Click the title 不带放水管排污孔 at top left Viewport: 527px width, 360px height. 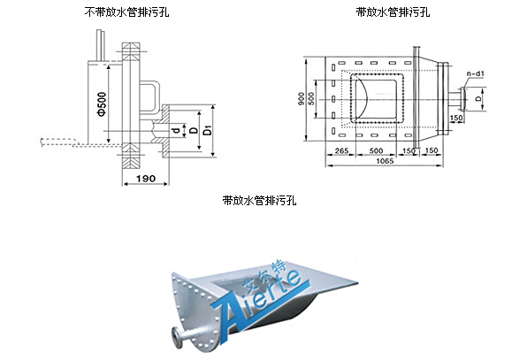coord(126,12)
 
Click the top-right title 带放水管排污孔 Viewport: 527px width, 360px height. coord(393,12)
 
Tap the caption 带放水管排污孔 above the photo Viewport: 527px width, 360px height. coord(259,200)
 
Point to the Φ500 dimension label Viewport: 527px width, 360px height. coord(103,103)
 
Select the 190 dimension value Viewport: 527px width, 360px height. coord(146,178)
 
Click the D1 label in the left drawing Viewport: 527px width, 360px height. coord(209,130)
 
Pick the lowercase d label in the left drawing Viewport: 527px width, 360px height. coord(175,130)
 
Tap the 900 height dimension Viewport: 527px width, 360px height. coord(302,99)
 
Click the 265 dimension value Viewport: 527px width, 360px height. coord(341,150)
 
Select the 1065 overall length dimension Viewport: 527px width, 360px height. coord(385,161)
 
